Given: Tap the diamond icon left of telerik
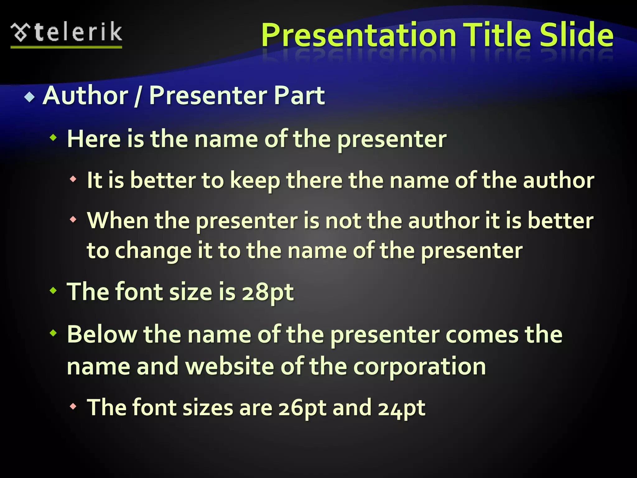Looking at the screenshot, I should pyautogui.click(x=21, y=33).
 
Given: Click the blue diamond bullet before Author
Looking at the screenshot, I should pyautogui.click(x=30, y=97).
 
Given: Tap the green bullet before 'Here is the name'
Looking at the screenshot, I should pyautogui.click(x=53, y=137).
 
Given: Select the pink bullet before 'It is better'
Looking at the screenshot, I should pyautogui.click(x=73, y=179).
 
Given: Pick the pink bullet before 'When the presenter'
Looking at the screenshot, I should pyautogui.click(x=73, y=220).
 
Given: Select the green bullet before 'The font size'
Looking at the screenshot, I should pyautogui.click(x=53, y=290).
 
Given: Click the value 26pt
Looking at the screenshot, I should pyautogui.click(x=302, y=408).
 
